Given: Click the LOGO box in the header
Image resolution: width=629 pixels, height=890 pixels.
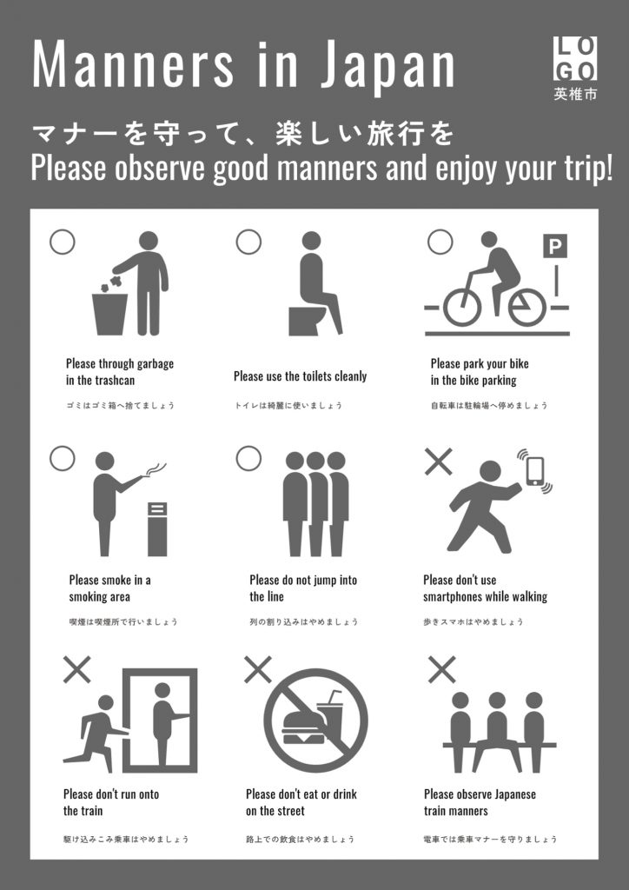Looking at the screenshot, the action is coord(574,58).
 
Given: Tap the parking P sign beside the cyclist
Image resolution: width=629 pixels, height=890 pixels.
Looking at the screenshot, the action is coord(555,246).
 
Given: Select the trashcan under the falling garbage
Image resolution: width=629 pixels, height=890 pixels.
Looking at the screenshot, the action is coord(109,314).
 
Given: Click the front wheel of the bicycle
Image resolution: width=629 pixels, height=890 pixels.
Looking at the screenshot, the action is coord(462,308).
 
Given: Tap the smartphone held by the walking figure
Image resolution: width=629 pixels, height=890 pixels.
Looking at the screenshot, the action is coord(535,471).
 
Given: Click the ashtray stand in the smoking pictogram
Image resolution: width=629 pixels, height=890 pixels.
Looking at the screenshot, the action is coord(157,529).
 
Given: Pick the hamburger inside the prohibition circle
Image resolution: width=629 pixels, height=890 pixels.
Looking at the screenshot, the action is coord(303,727).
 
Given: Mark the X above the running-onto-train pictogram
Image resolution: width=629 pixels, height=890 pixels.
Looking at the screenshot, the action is coord(76,669).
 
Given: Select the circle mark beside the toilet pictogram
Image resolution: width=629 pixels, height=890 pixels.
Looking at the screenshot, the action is coord(248,242).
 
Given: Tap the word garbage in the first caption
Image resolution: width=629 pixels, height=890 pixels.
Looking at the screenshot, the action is coord(155,364).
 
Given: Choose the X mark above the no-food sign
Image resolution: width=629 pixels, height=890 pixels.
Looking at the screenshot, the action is coord(257,669).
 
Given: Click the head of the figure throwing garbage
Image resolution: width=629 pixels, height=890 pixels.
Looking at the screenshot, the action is coord(148,240).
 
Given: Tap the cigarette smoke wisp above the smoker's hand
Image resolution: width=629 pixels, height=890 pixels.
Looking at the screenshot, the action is coord(156,469).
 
